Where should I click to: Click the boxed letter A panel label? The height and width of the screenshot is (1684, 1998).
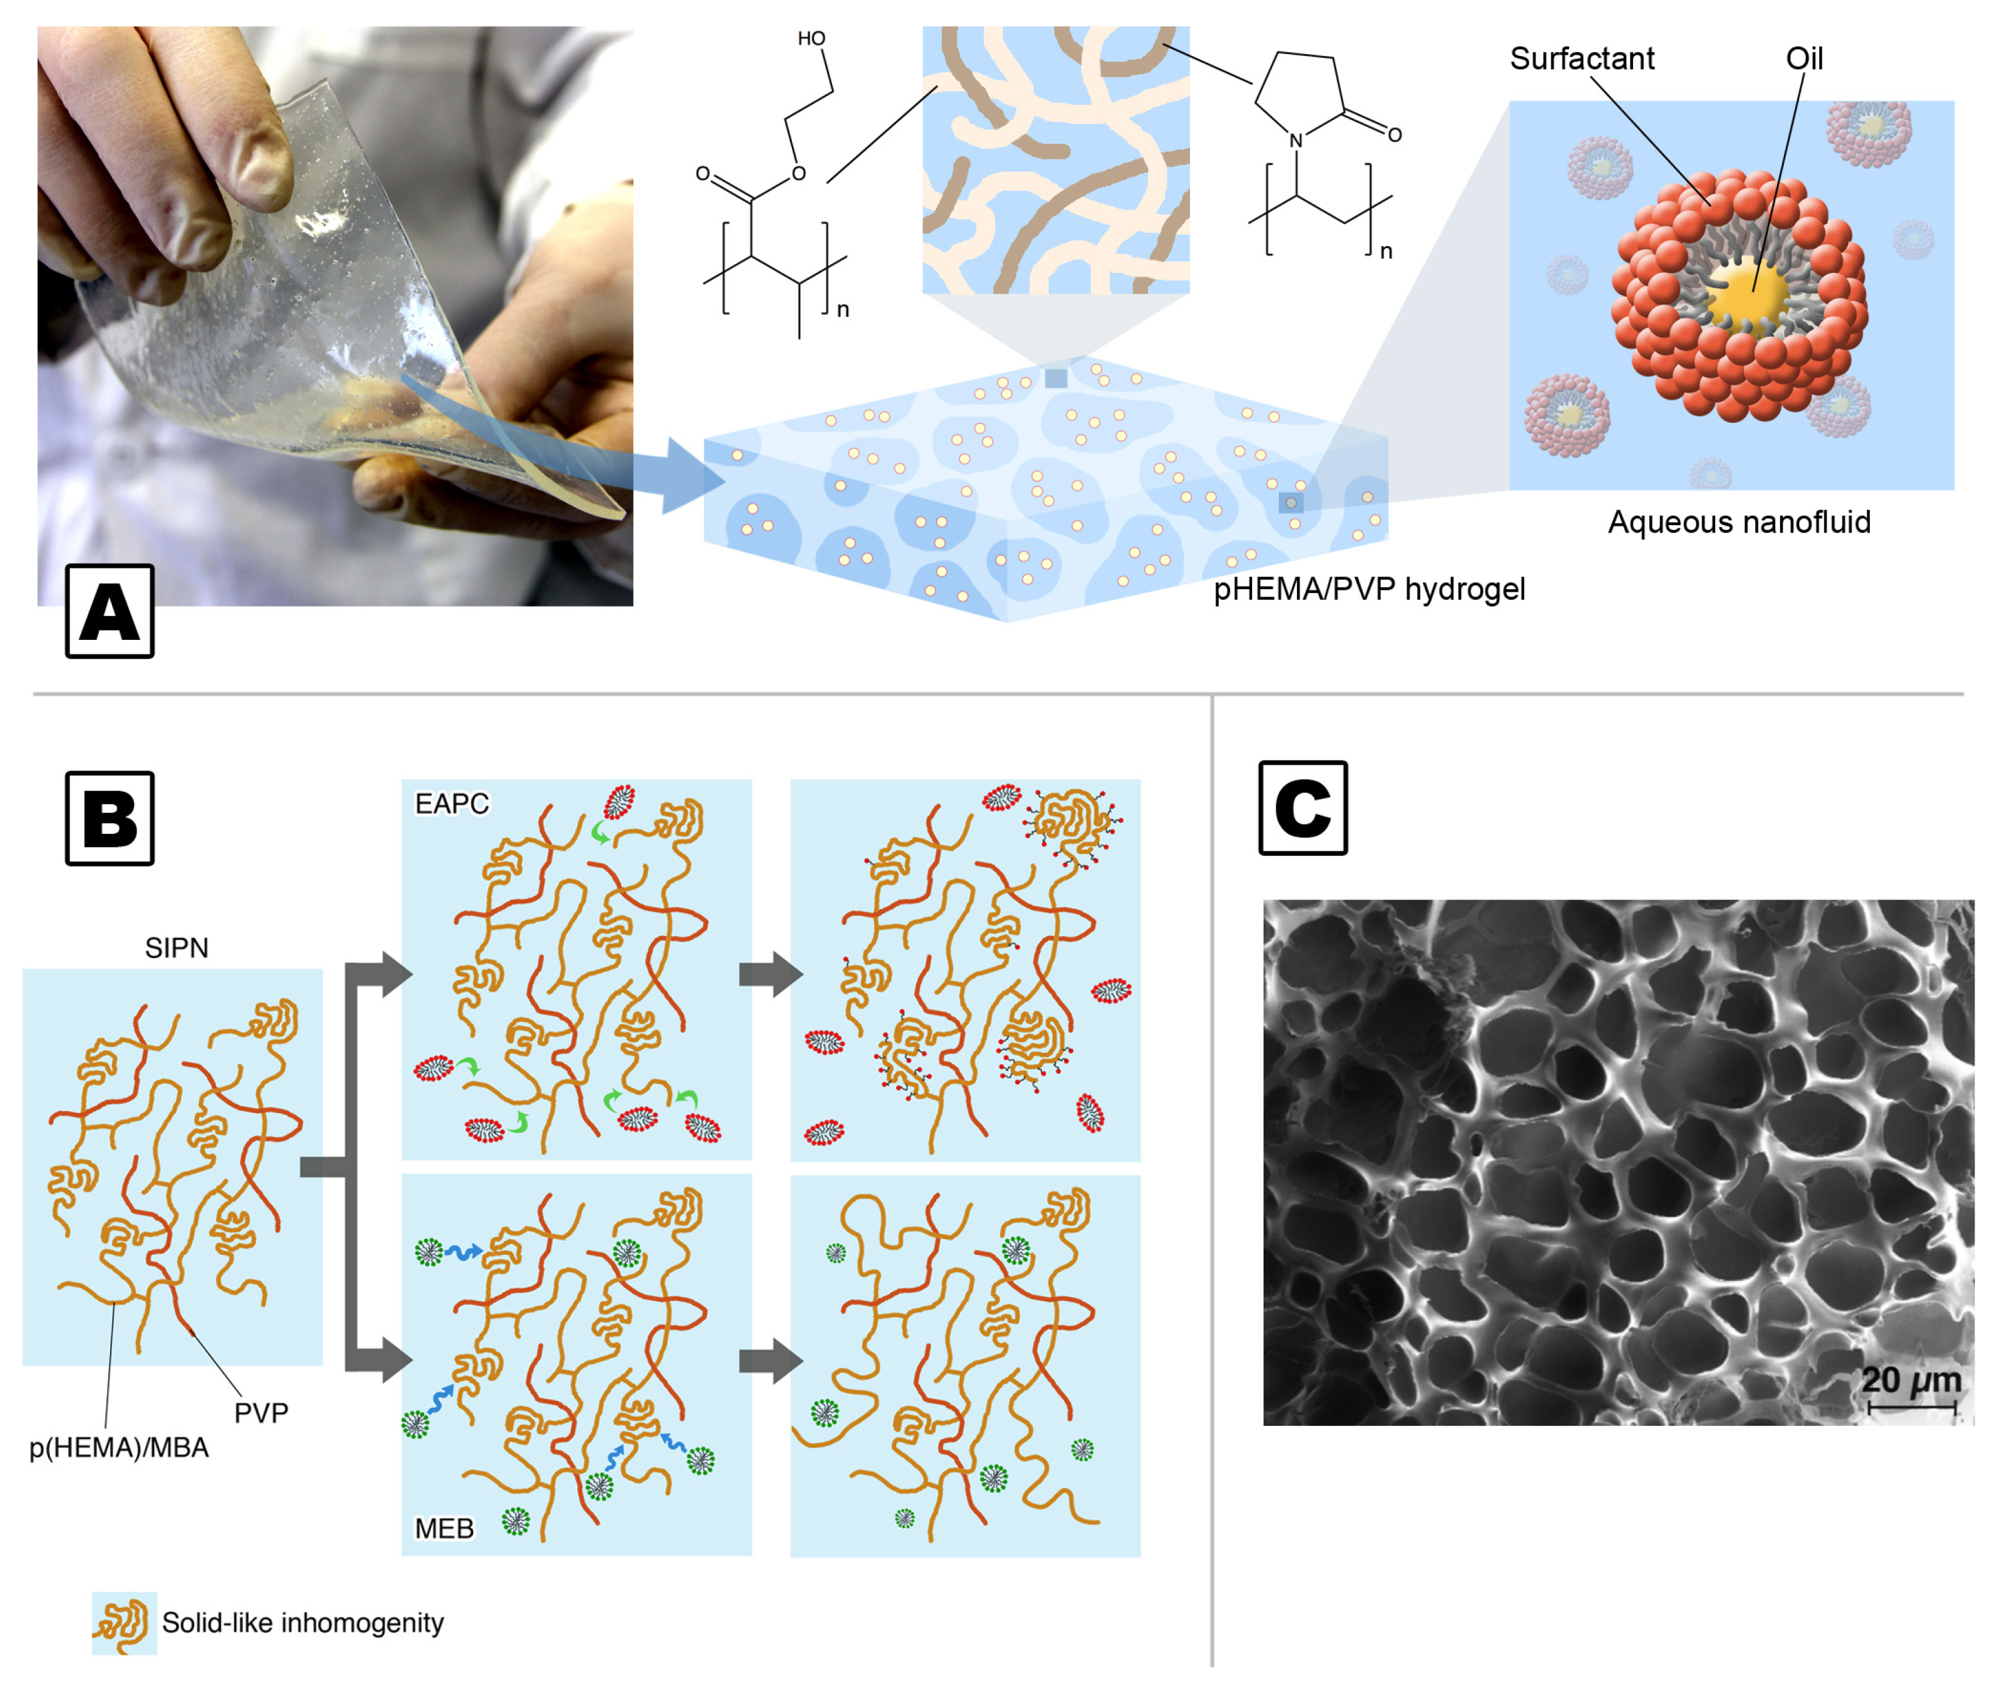click(110, 611)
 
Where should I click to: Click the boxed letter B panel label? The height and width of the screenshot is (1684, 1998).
click(110, 818)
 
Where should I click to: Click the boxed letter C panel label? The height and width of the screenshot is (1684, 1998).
click(1303, 807)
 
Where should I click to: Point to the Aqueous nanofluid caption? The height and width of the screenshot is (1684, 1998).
click(1739, 522)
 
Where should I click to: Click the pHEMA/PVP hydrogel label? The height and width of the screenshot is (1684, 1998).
click(1369, 589)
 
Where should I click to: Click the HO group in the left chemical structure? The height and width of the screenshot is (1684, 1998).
click(811, 38)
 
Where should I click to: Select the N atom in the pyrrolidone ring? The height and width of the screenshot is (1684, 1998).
click(1296, 140)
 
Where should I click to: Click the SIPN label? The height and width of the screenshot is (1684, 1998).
click(177, 948)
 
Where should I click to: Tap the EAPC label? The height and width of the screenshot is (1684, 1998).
click(452, 804)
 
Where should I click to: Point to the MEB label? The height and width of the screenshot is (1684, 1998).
click(444, 1529)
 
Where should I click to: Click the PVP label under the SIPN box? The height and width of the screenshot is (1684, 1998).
click(261, 1413)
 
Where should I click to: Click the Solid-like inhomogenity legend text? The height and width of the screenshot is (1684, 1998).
click(303, 1623)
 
